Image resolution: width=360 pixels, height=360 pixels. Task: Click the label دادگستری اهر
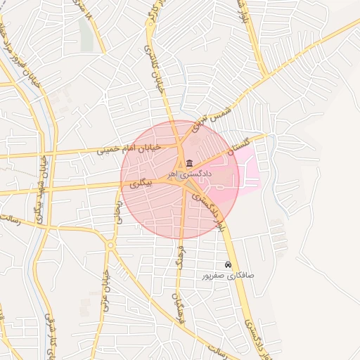pyautogui.click(x=190, y=173)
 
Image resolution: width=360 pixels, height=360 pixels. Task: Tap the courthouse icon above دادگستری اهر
pyautogui.click(x=190, y=163)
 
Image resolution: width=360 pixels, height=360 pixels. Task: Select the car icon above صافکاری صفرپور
pyautogui.click(x=228, y=264)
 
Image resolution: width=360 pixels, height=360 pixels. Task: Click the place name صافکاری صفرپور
pyautogui.click(x=228, y=276)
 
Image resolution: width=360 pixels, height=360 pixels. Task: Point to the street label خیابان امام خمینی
pyautogui.click(x=129, y=148)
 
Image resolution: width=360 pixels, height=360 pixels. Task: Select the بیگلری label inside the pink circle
pyautogui.click(x=141, y=185)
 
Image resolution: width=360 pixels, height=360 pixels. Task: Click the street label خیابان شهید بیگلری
pyautogui.click(x=41, y=190)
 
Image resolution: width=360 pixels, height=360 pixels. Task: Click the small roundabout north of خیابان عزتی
pyautogui.click(x=110, y=245)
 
